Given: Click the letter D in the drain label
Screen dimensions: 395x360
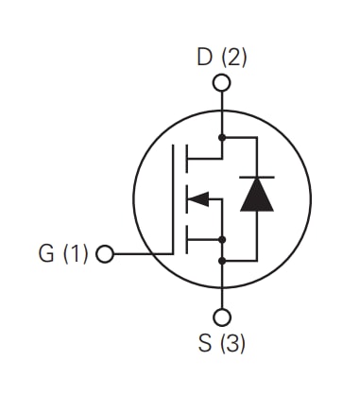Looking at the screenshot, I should [x=204, y=57].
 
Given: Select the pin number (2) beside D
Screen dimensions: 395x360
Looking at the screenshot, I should [x=233, y=57].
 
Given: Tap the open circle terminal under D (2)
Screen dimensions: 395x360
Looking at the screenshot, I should [x=222, y=83].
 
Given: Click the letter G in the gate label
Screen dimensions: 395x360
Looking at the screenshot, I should [x=46, y=254].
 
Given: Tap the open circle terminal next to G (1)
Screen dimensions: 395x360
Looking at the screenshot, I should [x=105, y=255].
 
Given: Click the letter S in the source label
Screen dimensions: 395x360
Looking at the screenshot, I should [x=206, y=343].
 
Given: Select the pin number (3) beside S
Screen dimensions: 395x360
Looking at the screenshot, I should [x=233, y=343].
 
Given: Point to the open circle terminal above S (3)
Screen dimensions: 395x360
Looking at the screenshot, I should [x=222, y=318].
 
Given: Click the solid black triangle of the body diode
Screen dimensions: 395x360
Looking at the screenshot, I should [x=256, y=195].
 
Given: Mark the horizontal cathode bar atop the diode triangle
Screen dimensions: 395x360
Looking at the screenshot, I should [x=256, y=178].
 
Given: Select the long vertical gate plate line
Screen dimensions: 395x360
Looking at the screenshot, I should [x=174, y=198].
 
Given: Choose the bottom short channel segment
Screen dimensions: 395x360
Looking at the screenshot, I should [x=186, y=242].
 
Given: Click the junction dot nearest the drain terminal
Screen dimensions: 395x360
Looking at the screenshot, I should [x=222, y=137].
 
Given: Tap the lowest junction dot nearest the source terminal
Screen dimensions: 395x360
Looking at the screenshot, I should [x=222, y=260].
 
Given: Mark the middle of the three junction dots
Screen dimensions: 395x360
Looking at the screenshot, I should [x=222, y=239].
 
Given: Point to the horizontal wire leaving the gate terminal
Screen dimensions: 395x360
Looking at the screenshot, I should [x=142, y=255].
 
